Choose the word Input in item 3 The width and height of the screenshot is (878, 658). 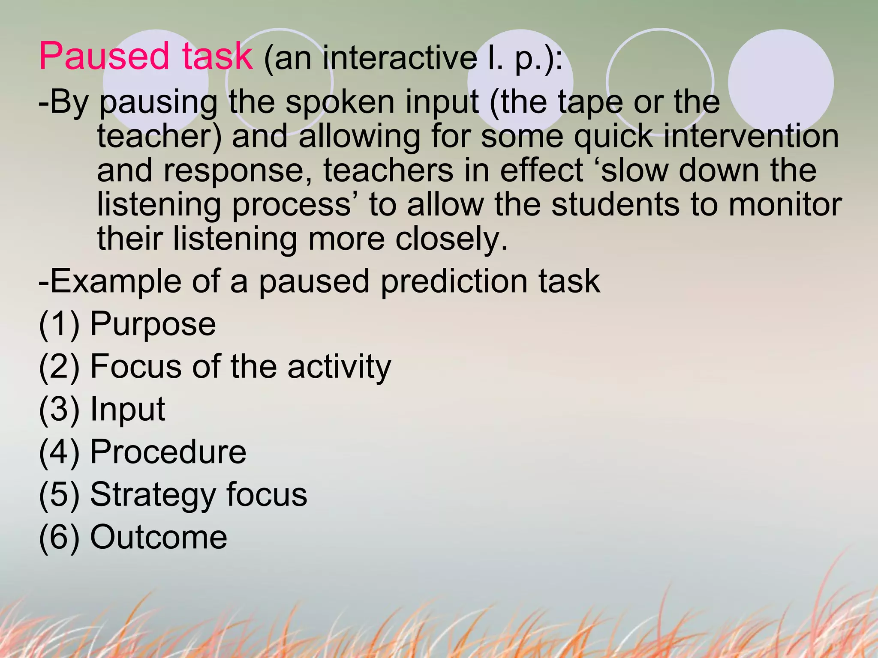click(127, 409)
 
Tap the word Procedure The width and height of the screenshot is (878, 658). click(168, 452)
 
